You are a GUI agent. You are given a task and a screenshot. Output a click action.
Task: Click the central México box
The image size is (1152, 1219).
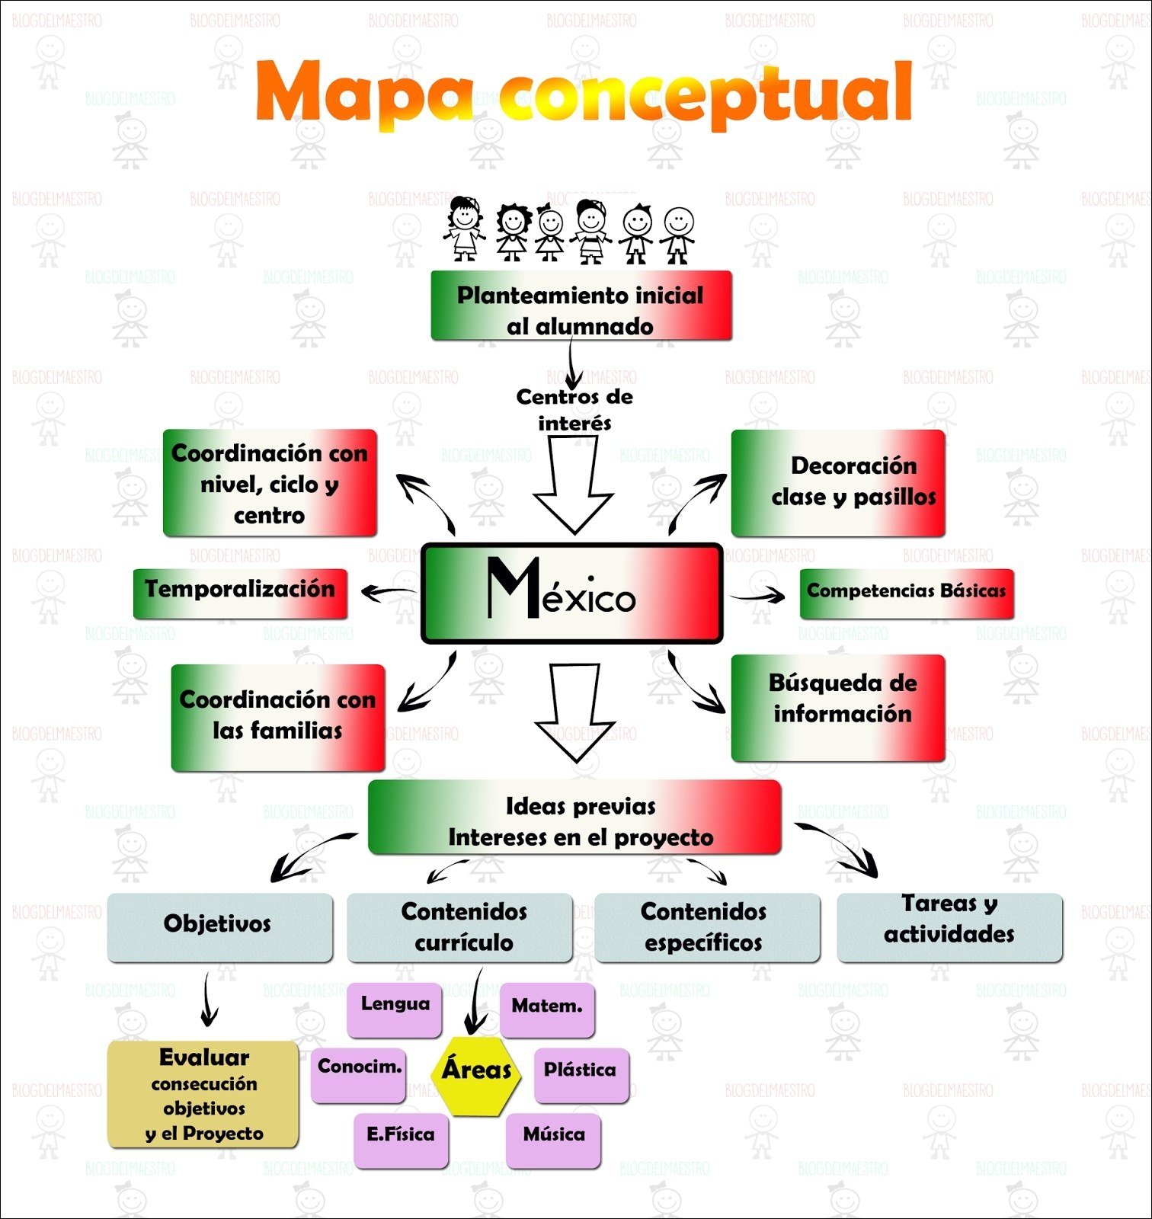(571, 594)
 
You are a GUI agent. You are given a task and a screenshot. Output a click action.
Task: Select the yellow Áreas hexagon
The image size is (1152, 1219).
(476, 1070)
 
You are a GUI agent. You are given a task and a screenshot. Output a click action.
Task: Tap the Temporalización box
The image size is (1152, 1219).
(240, 593)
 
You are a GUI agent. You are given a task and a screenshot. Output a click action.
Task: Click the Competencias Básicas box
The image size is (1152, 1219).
(906, 593)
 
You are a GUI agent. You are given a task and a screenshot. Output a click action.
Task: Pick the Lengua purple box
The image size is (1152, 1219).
(395, 1008)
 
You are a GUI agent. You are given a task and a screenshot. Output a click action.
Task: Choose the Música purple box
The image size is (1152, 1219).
(554, 1139)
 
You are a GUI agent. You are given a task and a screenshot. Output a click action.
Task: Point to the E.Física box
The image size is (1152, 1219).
(401, 1139)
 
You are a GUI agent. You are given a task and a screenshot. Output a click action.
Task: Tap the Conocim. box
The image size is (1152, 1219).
(359, 1073)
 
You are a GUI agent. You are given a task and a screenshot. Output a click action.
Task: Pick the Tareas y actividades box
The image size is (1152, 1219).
(949, 926)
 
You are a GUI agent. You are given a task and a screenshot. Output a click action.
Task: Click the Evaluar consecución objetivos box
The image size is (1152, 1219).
(203, 1094)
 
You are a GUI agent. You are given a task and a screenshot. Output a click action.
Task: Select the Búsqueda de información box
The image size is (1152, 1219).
(838, 706)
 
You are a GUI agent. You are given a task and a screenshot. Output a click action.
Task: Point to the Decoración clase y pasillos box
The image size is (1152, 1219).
(838, 482)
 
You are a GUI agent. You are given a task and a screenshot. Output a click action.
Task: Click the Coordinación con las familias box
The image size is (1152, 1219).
(277, 716)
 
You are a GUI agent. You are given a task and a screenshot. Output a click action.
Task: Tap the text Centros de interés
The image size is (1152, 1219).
(574, 409)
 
